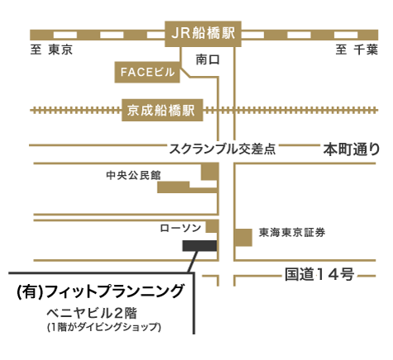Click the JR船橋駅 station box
(203, 34)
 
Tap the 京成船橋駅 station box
(163, 110)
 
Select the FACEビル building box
(147, 72)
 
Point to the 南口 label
(208, 59)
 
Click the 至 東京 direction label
(51, 50)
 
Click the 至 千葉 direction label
(357, 50)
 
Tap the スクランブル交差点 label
(222, 149)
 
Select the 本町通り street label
(352, 149)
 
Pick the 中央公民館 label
(134, 175)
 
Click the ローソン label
(181, 228)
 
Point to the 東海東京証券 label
(292, 233)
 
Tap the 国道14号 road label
(320, 274)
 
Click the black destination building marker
(200, 245)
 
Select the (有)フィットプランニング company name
(100, 291)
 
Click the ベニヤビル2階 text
(92, 313)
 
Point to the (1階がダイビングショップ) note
(104, 327)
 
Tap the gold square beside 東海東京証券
(244, 237)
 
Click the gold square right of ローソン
(212, 226)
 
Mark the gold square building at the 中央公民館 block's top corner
(210, 172)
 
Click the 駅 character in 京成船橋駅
(187, 111)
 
